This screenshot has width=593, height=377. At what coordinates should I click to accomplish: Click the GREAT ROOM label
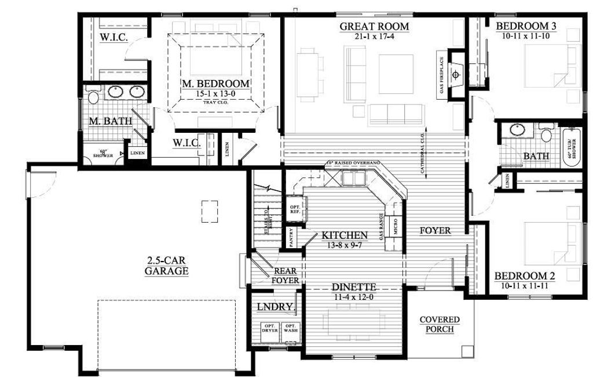pos(374,26)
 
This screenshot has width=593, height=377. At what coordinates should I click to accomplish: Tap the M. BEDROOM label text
pos(215,84)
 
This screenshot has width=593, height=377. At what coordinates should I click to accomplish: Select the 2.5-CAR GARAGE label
pos(167,266)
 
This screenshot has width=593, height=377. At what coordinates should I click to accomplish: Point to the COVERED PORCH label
pos(440,324)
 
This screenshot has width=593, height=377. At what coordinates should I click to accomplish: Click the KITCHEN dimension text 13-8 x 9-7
pos(345,245)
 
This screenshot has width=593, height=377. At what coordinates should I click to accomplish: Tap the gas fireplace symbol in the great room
pos(457,74)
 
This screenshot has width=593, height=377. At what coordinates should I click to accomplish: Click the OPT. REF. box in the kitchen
pos(294,210)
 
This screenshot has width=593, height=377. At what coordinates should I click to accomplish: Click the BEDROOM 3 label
pos(526,26)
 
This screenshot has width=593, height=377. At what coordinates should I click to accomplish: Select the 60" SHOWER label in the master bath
pos(104,154)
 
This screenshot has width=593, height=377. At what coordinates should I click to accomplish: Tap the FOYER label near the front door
pos(435,230)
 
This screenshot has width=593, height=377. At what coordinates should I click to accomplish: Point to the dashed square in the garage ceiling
pos(210,211)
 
